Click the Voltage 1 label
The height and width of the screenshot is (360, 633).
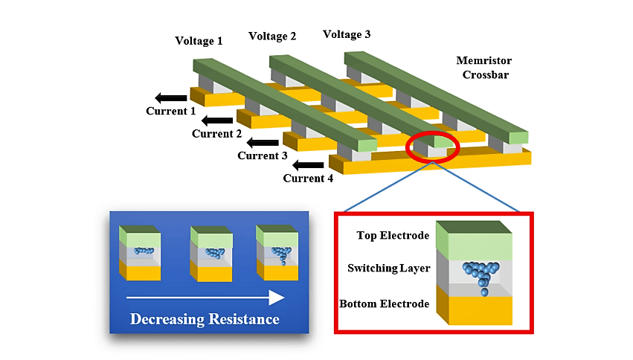pyautogui.click(x=199, y=41)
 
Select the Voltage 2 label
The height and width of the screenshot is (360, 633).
pyautogui.click(x=272, y=36)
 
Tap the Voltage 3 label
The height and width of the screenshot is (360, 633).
pyautogui.click(x=347, y=34)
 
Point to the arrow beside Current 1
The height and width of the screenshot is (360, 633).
pyautogui.click(x=172, y=97)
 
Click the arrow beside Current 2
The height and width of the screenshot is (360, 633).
pyautogui.click(x=217, y=120)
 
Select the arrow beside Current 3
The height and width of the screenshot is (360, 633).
pyautogui.click(x=263, y=142)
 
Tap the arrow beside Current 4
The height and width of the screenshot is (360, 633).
pyautogui.click(x=308, y=164)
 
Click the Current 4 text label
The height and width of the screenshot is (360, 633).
pyautogui.click(x=308, y=179)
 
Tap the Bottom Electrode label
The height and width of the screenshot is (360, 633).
pyautogui.click(x=384, y=303)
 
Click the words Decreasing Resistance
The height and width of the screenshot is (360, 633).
pyautogui.click(x=205, y=320)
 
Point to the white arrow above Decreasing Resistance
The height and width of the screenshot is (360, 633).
pyautogui.click(x=205, y=298)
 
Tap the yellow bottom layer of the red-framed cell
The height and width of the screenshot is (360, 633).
pyautogui.click(x=476, y=310)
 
